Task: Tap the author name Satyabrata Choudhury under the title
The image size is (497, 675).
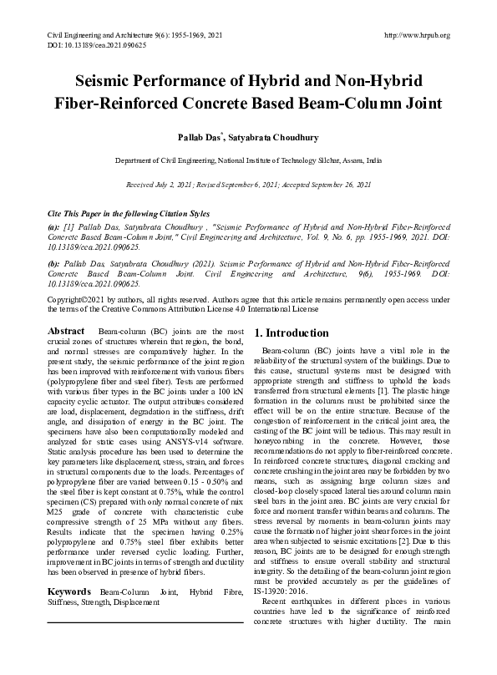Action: (x=266, y=134)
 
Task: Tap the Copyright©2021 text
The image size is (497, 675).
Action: (x=79, y=298)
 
